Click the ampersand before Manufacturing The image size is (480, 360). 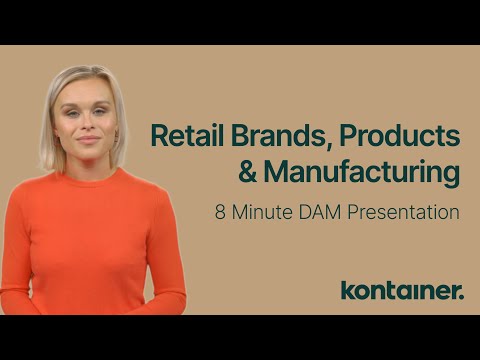[x=248, y=172]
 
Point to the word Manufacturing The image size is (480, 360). [x=362, y=172]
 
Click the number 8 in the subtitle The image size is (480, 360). [x=218, y=212]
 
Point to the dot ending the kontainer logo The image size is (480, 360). [x=462, y=296]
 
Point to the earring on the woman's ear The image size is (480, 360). [x=117, y=136]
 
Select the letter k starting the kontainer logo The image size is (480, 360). [x=347, y=290]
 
